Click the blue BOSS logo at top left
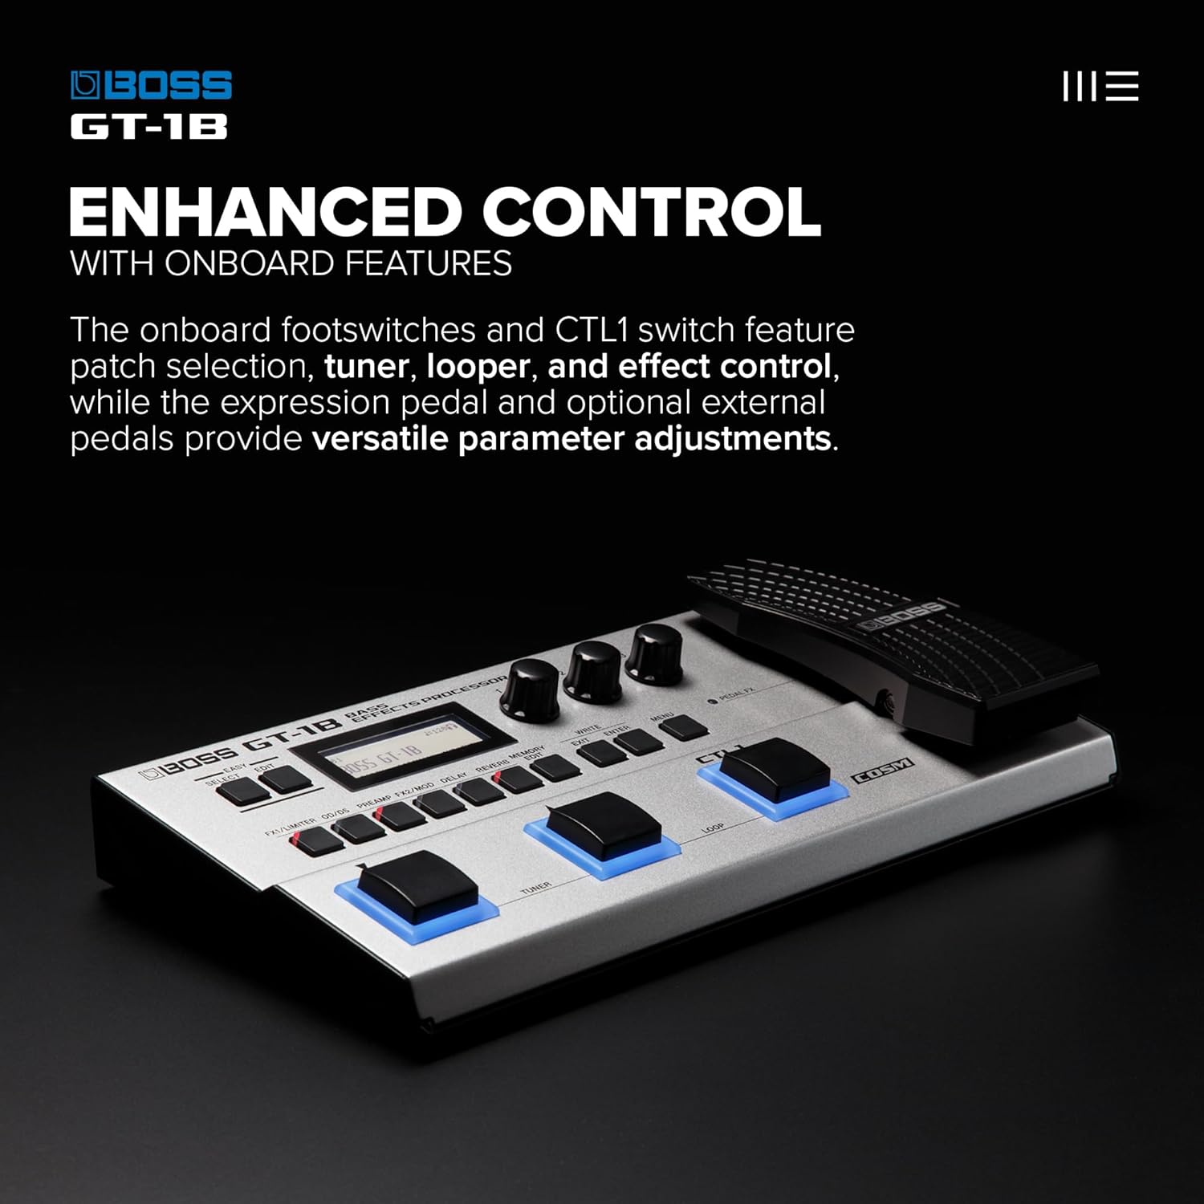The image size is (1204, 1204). pos(151,86)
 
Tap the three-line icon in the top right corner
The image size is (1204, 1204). pos(1100,86)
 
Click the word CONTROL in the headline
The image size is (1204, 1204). pos(651,212)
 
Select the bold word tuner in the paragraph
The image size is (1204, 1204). pos(366,367)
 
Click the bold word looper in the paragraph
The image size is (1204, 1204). pos(478,367)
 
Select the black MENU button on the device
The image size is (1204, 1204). pos(683,727)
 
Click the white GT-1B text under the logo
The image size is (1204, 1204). pos(148,127)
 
